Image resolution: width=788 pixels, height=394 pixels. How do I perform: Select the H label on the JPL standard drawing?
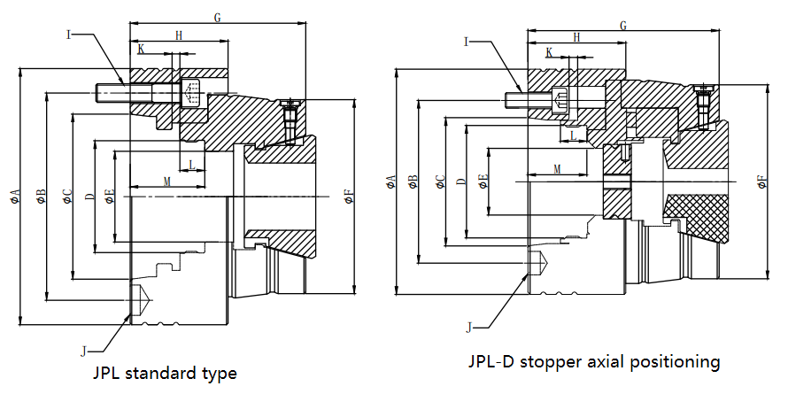[x=179, y=35]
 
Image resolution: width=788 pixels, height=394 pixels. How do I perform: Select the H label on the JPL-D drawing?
[x=577, y=37]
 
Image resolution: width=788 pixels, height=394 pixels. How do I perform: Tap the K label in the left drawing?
[x=142, y=49]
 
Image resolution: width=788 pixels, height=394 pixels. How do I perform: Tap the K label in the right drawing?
[x=549, y=53]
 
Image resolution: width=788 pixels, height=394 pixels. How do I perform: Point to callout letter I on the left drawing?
[x=69, y=35]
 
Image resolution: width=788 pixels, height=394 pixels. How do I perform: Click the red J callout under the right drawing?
[x=468, y=327]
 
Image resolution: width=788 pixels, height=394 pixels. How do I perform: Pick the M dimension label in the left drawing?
[x=166, y=181]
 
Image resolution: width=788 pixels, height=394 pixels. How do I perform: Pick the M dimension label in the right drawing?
[x=557, y=167]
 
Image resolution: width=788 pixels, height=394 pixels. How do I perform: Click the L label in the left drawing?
[x=192, y=165]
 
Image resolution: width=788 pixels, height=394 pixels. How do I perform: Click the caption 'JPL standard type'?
[x=165, y=373]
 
